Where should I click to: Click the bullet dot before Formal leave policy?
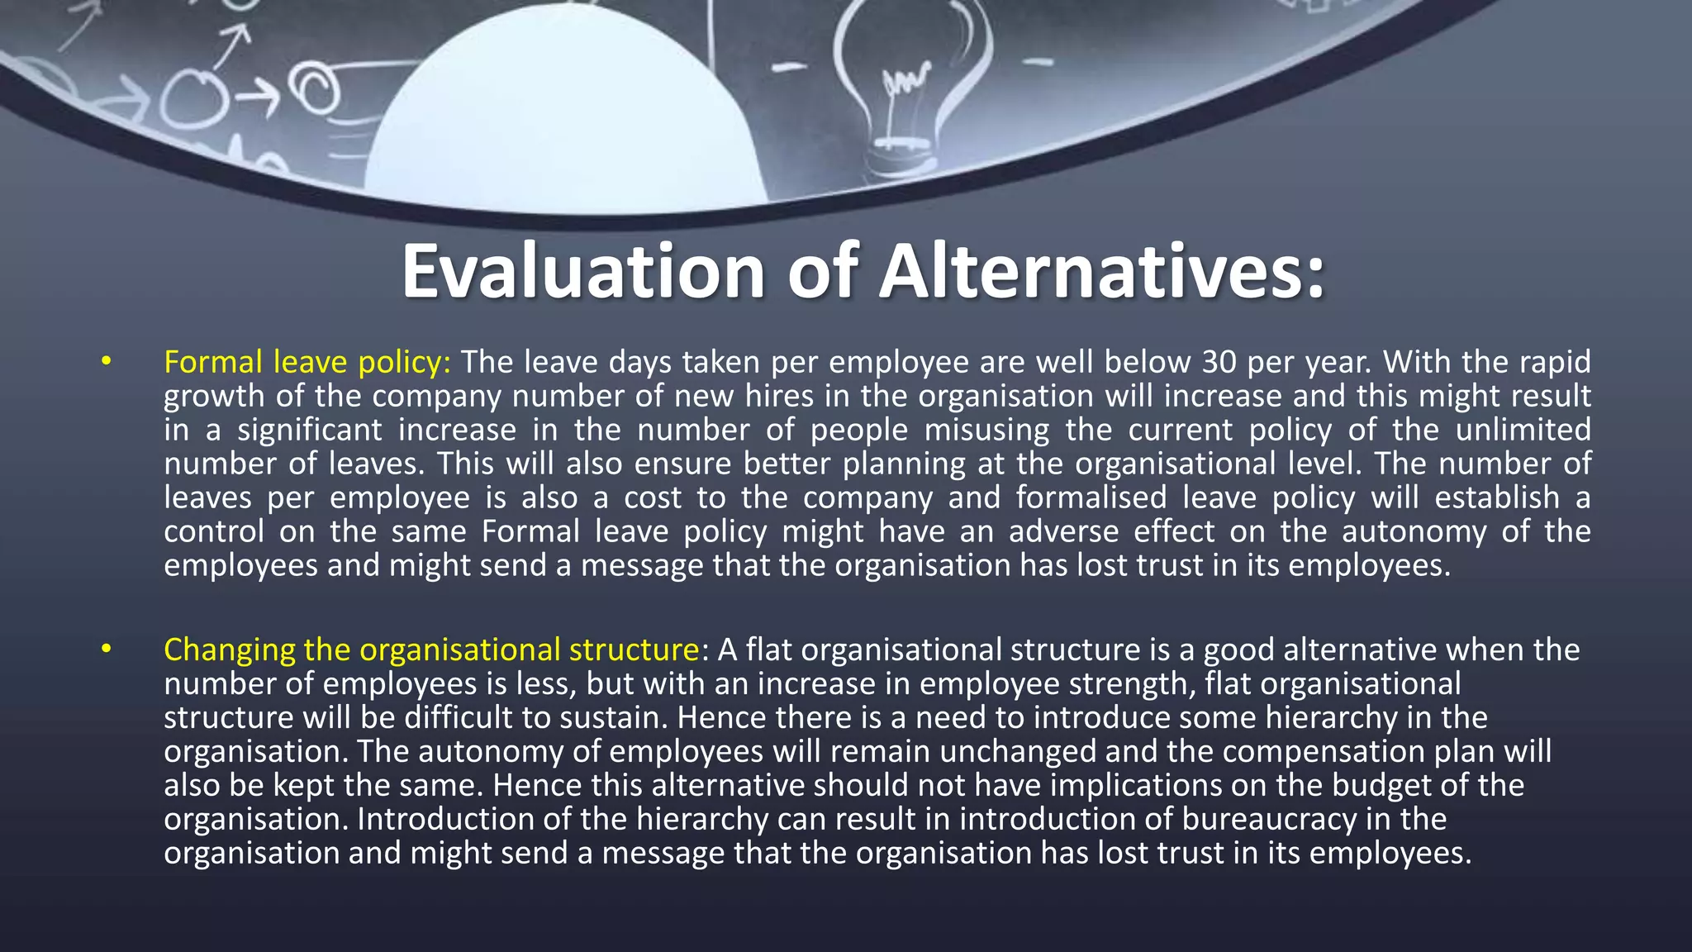point(106,361)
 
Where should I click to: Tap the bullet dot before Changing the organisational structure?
point(106,650)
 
